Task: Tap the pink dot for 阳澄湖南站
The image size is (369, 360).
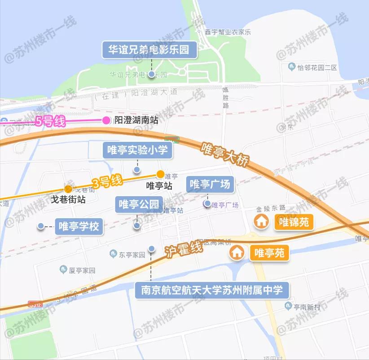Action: click(x=106, y=120)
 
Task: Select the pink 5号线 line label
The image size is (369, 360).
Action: click(x=50, y=121)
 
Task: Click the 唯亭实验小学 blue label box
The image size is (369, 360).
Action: click(x=137, y=150)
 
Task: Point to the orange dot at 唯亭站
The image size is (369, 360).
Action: click(x=160, y=174)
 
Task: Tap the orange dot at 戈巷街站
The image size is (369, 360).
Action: click(x=68, y=189)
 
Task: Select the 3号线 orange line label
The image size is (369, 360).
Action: click(x=106, y=182)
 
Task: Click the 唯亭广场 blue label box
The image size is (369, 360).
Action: click(x=210, y=184)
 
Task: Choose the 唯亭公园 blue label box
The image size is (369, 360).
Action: click(x=138, y=205)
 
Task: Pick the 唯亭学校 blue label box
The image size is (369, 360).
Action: click(x=79, y=226)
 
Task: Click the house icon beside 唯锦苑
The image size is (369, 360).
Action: click(x=261, y=221)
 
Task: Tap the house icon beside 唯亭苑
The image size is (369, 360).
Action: click(x=237, y=253)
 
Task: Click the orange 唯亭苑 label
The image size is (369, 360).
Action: click(x=269, y=253)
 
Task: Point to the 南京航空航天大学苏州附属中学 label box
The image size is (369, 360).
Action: click(x=212, y=290)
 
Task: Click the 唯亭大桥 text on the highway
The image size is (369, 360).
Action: click(x=224, y=155)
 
